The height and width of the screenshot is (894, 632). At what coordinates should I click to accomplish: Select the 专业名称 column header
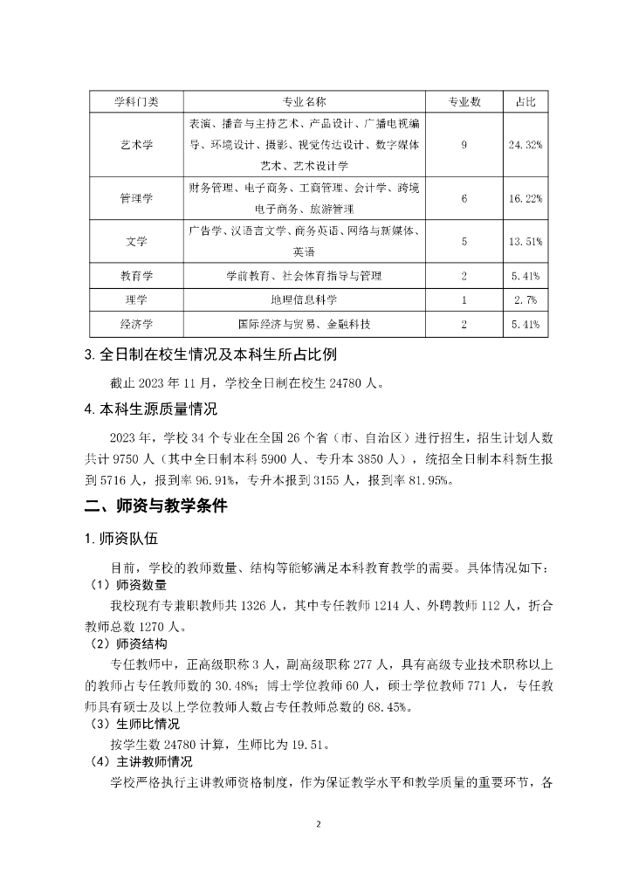pyautogui.click(x=305, y=102)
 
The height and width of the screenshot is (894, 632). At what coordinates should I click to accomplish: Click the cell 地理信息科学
pyautogui.click(x=305, y=300)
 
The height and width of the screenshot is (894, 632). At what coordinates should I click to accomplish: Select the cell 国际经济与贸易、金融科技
pyautogui.click(x=305, y=325)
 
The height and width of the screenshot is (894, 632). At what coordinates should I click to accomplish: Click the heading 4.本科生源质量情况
pyautogui.click(x=151, y=408)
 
